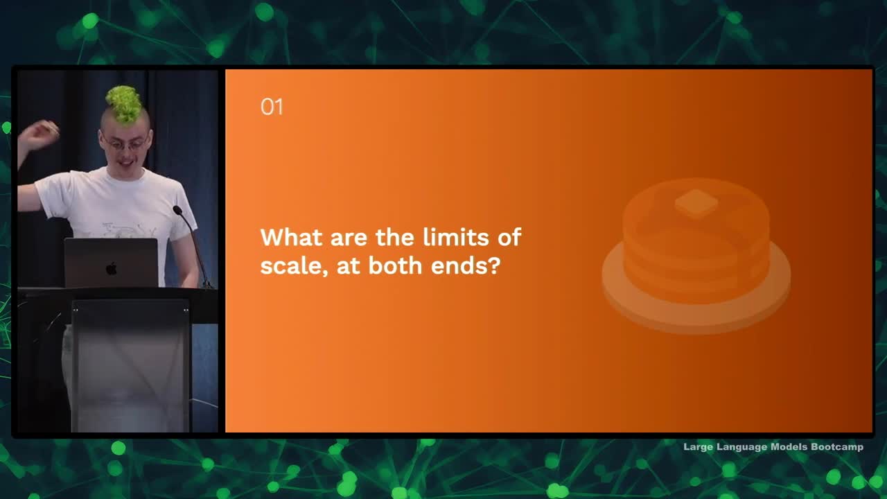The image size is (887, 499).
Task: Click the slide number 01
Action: (x=272, y=107)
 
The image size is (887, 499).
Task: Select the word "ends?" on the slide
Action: (x=466, y=265)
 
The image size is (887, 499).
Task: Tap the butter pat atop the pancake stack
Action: (x=696, y=203)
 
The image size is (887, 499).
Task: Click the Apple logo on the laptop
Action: (x=112, y=268)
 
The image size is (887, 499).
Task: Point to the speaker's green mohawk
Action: (x=124, y=104)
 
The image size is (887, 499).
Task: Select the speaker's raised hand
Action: (x=39, y=134)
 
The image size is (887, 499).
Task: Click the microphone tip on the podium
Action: (x=177, y=210)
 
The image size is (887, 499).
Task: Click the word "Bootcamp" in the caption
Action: (x=837, y=447)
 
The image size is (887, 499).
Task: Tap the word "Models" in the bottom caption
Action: (x=789, y=447)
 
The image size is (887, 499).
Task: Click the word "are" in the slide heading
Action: (x=349, y=239)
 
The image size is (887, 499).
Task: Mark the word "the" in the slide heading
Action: (x=395, y=237)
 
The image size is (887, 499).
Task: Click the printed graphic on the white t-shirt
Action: (x=123, y=229)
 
